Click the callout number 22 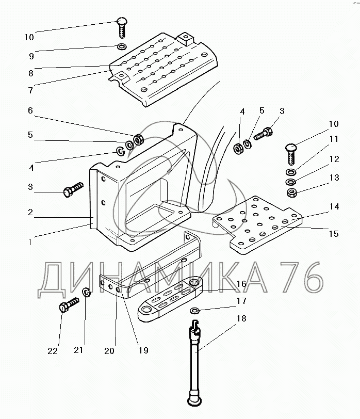tap(52, 351)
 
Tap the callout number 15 tap(333, 234)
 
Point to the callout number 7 tap(30, 90)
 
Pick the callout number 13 tap(334, 178)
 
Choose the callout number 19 tap(143, 350)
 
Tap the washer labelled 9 tap(122, 48)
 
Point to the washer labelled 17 tap(195, 311)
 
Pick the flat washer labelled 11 tap(291, 172)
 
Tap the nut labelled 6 tap(138, 140)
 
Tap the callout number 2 tap(30, 212)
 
